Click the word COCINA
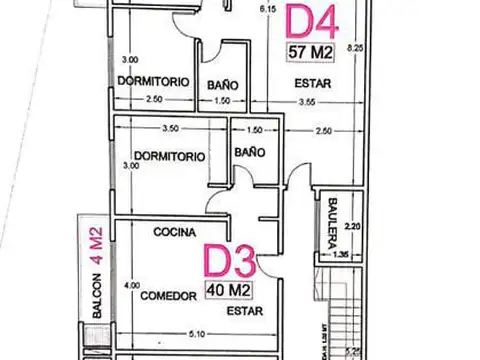tap(174, 232)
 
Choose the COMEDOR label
tap(165, 296)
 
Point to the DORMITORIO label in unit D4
tap(153, 81)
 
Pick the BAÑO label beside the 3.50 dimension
tap(250, 152)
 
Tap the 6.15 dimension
tap(267, 10)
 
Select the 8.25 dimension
tap(353, 47)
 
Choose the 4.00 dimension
tap(132, 285)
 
